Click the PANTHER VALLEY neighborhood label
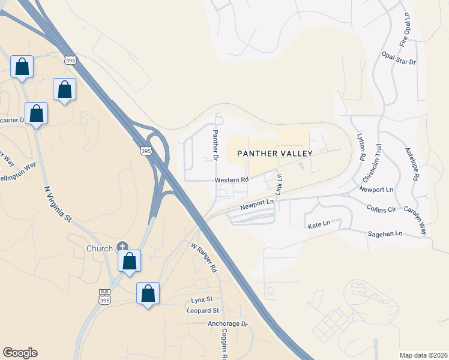[x=275, y=154]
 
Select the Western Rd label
[x=232, y=180]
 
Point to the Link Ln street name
[x=279, y=184]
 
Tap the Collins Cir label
[x=382, y=209]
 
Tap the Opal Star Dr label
[x=399, y=58]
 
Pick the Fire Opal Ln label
[x=407, y=32]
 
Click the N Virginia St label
[x=58, y=205]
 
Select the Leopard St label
[x=203, y=311]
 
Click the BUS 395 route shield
[x=104, y=296]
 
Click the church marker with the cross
[x=122, y=246]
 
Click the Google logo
[x=20, y=353]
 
